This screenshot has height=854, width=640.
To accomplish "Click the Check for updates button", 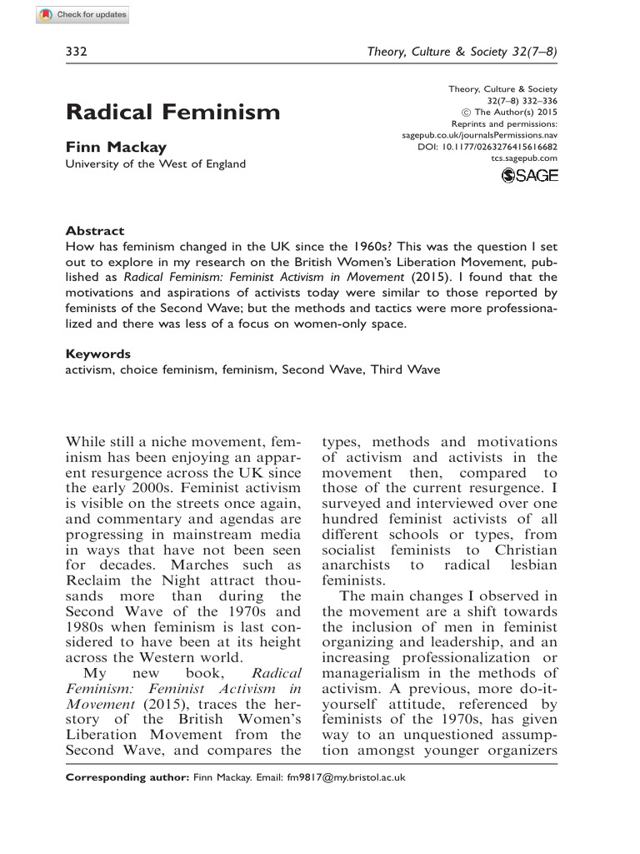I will pyautogui.click(x=82, y=15).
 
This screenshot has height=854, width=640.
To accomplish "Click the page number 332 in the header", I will pyautogui.click(x=77, y=52).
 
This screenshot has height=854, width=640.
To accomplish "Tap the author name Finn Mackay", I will pyautogui.click(x=116, y=147).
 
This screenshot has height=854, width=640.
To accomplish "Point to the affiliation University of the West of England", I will pyautogui.click(x=156, y=163).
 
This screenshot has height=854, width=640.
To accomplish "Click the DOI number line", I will pyautogui.click(x=487, y=147).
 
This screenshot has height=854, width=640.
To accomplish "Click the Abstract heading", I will pyautogui.click(x=94, y=231).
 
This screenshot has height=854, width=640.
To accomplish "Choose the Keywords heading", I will pyautogui.click(x=97, y=354).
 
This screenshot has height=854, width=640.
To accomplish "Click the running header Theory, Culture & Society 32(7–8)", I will pyautogui.click(x=462, y=52).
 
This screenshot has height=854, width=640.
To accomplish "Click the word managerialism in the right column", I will pyautogui.click(x=381, y=673).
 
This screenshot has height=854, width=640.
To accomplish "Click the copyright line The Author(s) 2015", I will pyautogui.click(x=510, y=112).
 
